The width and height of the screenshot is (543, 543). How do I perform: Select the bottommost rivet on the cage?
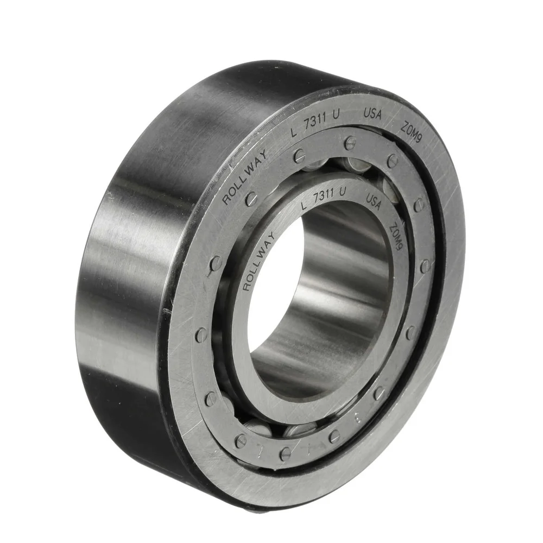pos(285,453)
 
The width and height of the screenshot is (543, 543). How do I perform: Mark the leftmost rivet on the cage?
pos(201,334)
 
